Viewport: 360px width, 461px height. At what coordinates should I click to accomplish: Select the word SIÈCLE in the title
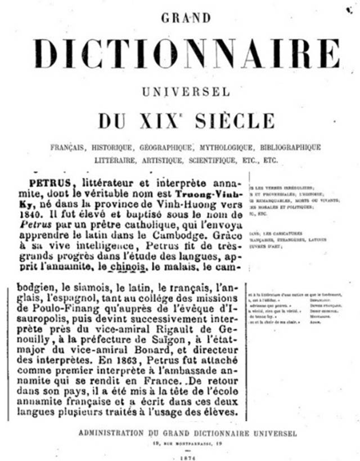tap(235, 120)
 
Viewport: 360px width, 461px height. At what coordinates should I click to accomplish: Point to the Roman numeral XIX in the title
tap(160, 120)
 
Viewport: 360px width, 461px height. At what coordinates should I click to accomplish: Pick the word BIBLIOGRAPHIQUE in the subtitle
tap(290, 147)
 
